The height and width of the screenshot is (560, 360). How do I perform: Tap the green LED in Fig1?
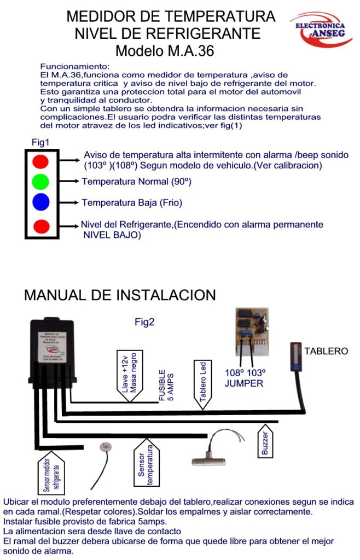coord(40,182)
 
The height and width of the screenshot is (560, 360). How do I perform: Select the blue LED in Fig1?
coord(40,202)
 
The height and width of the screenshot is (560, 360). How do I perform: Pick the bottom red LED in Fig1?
coord(40,226)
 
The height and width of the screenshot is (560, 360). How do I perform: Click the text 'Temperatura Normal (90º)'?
coord(136,181)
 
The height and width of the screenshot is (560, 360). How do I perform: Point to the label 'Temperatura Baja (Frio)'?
coord(131,203)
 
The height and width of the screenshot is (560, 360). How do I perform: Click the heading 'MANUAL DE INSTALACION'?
coord(120,295)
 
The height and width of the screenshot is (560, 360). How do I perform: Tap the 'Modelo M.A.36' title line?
coord(164,51)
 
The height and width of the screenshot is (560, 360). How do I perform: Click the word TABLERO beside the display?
coord(326,351)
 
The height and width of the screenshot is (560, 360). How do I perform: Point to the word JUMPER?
coord(244,383)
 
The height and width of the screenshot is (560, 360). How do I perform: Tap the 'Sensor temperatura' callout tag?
coord(146,464)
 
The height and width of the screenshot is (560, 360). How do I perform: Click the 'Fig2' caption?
coord(144,323)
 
